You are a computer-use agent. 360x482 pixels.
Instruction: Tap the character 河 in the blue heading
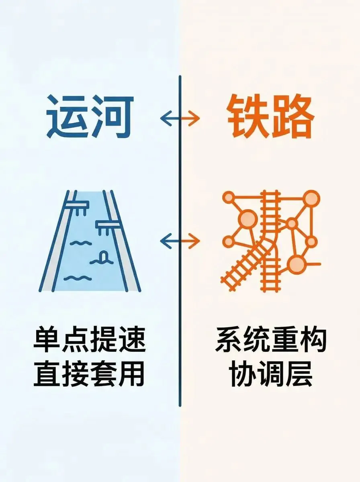point(112,116)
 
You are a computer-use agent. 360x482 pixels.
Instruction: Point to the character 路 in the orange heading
point(293,117)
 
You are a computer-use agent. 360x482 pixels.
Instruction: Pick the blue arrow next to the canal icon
point(169,241)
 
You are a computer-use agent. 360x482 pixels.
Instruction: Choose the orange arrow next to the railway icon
point(191,241)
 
